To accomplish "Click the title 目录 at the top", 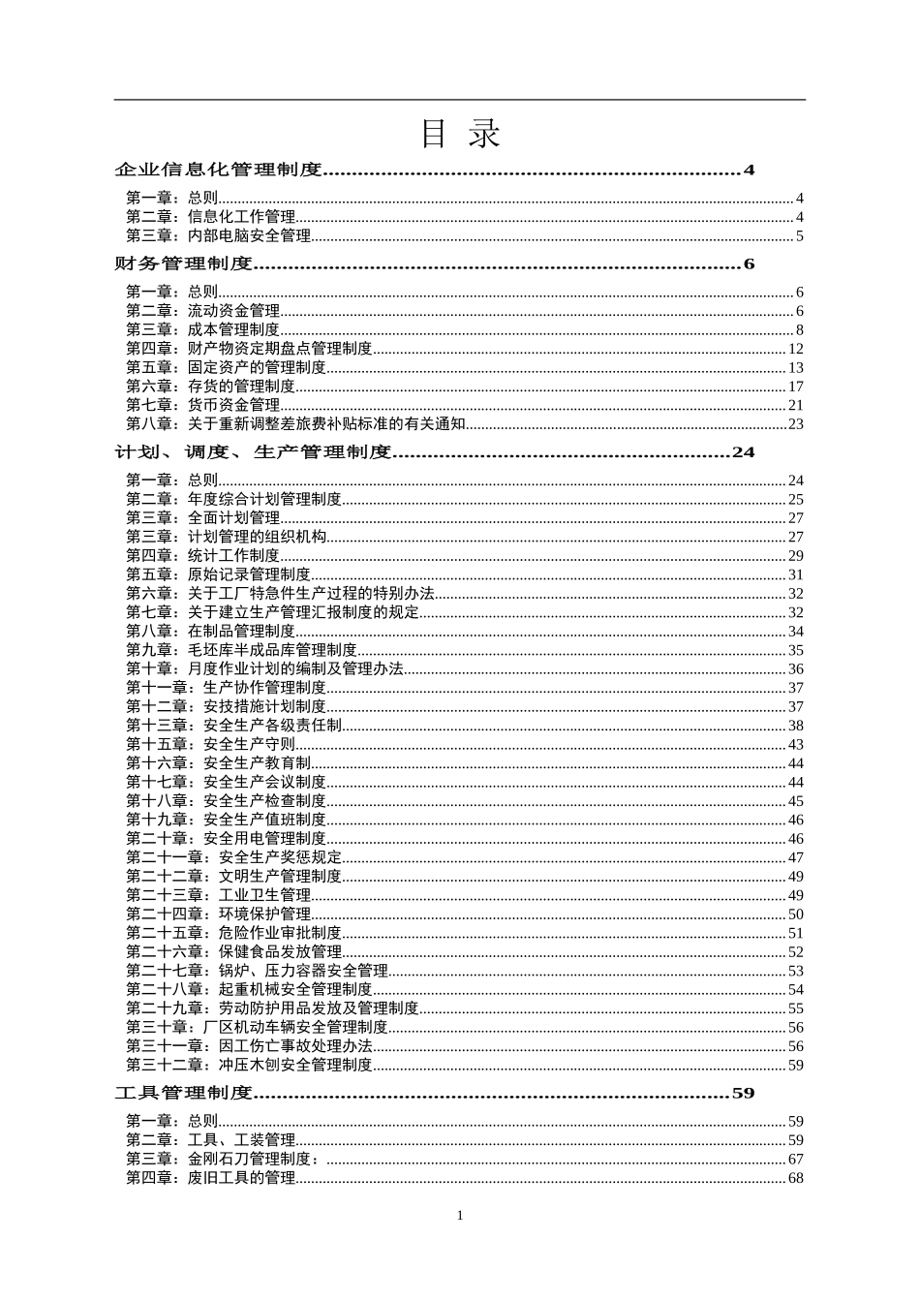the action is [x=460, y=135].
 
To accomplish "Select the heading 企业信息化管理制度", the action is [x=218, y=170].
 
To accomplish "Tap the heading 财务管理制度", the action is [x=183, y=264].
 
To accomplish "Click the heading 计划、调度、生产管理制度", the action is [x=253, y=452].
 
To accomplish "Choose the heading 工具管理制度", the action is [x=183, y=1094].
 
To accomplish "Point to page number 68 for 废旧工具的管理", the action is [x=795, y=1179].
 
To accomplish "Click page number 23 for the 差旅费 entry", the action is [x=795, y=424].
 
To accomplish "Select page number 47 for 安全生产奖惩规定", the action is [x=795, y=858].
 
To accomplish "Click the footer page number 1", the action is [x=460, y=1216].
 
